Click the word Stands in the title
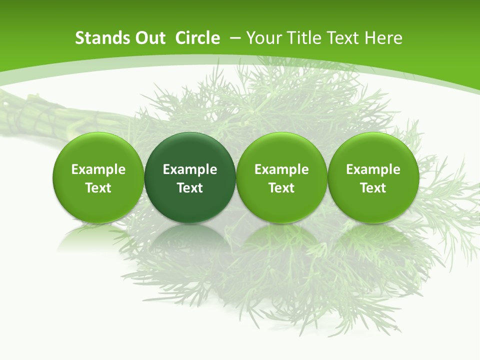coord(99,38)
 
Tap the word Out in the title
coord(148,38)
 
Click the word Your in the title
coord(264,38)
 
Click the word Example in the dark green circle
coord(190,169)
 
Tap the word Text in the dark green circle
coord(190,188)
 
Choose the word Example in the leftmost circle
coord(98,169)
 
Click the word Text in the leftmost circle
coord(98,188)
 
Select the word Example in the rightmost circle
coord(373,169)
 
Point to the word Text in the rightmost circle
coord(373,188)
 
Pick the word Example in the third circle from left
coord(281,169)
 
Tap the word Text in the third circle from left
coord(281,188)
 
